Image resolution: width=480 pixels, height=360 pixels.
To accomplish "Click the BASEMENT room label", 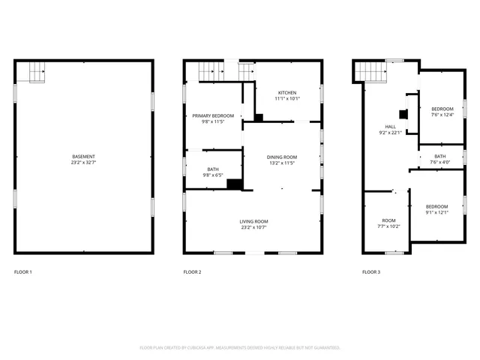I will [x=83, y=157].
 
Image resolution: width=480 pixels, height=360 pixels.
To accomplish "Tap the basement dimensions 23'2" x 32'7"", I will [x=83, y=163].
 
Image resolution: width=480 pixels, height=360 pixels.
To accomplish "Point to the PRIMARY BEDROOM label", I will [x=213, y=115].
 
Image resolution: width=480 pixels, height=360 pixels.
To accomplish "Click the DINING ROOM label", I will [x=282, y=157].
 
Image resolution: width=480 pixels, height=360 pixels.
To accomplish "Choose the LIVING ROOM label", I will [x=253, y=221].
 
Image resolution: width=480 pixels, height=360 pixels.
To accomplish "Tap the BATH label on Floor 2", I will [x=213, y=169].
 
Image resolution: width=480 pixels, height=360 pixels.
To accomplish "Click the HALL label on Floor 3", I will [x=390, y=127].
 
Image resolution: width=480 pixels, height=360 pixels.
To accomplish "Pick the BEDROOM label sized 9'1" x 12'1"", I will [x=436, y=206].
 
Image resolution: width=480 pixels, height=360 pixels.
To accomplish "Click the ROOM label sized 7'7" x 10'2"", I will [x=388, y=220].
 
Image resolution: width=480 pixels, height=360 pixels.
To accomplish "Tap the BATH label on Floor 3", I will [x=439, y=156].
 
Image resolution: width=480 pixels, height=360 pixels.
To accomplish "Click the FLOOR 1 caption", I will [x=23, y=271].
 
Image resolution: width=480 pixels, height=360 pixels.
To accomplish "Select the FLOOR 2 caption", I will [x=192, y=271].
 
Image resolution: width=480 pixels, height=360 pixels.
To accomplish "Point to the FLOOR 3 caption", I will [x=370, y=271].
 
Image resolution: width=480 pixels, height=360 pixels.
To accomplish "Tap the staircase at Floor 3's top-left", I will [x=370, y=71].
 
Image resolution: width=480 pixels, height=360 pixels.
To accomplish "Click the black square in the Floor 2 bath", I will [x=232, y=184].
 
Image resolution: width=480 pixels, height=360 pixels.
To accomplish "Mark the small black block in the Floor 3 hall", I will [x=403, y=115].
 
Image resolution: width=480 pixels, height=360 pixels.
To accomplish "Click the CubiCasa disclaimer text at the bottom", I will [x=240, y=347].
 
